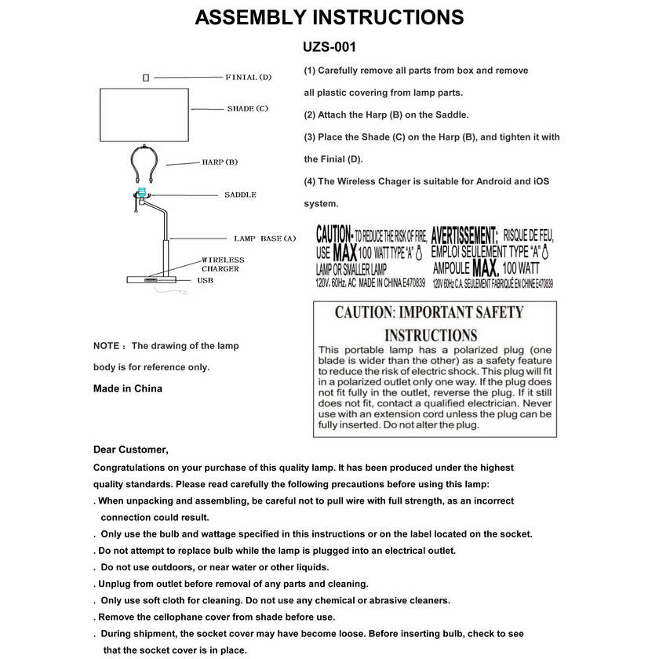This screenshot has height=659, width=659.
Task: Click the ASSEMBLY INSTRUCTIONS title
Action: coord(329,18)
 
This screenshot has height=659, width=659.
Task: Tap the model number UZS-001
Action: coord(329,47)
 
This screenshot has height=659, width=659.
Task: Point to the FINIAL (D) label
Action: coord(248,77)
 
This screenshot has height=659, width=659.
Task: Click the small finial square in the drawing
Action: coord(146,78)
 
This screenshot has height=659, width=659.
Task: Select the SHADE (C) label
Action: coord(247,108)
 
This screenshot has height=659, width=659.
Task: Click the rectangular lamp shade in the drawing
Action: coord(145,115)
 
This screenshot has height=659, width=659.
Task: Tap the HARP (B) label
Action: coord(220,162)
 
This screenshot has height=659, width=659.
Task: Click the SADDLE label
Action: coord(240,195)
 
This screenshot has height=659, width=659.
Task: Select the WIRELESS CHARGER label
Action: coord(223,264)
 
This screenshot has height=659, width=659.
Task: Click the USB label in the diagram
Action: coord(205,279)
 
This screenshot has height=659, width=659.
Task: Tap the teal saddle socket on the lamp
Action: coord(142,193)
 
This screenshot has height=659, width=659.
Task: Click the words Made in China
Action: coord(128,388)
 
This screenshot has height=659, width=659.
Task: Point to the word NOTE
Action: coord(107,345)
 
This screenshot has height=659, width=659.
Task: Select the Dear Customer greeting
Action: coord(131,450)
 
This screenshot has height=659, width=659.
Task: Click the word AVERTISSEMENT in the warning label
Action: coord(464,235)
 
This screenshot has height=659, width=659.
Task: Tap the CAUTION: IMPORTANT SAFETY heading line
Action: coord(429,312)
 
